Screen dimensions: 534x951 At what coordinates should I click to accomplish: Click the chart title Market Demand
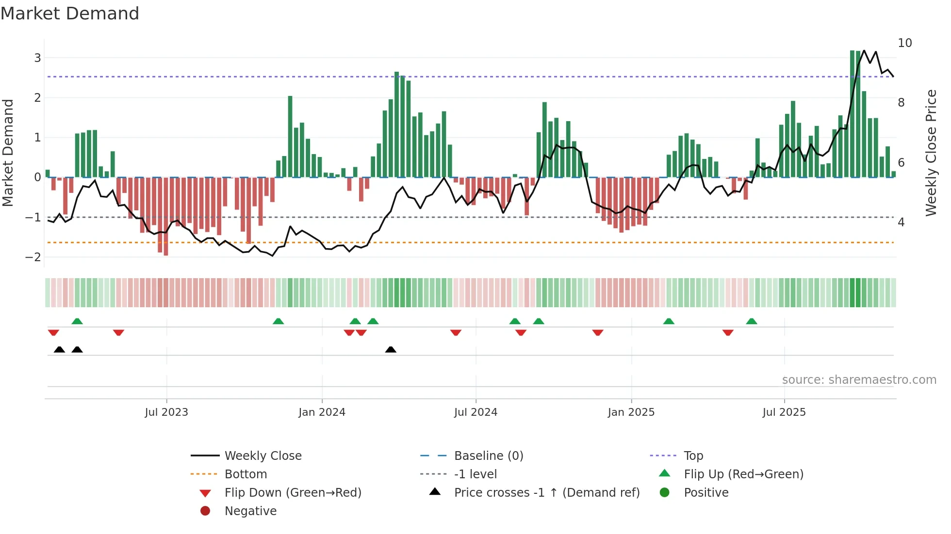coord(70,14)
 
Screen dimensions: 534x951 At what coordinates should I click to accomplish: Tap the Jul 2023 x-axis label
coord(166,412)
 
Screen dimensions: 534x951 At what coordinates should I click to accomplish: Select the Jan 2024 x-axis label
coord(322,412)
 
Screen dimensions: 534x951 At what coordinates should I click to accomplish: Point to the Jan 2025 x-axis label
coord(631,412)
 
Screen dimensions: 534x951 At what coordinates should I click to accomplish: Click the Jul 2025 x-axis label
coord(784,412)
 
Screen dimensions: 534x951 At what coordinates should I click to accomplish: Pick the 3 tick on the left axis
coord(37,58)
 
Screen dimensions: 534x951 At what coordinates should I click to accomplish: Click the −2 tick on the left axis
coord(33,257)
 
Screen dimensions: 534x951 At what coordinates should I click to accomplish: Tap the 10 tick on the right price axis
coord(904,43)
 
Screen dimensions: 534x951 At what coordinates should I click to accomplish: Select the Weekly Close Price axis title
coord(931,153)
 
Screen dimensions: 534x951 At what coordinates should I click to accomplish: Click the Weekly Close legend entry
coord(262,456)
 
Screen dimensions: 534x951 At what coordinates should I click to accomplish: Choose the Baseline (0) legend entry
coord(488,456)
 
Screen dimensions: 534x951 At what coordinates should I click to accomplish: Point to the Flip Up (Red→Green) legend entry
coord(743,474)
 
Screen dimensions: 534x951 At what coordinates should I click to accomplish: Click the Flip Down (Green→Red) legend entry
coord(293,493)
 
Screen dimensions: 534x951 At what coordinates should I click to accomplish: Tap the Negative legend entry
coord(250,511)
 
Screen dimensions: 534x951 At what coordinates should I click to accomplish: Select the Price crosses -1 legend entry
coord(546,493)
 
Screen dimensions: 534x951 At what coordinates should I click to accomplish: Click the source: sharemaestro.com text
coord(859,380)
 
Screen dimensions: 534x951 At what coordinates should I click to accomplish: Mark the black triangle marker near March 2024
coord(391,349)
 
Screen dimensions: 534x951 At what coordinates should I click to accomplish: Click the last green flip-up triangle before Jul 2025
coord(752,321)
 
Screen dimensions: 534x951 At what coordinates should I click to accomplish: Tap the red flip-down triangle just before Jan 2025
coord(598,332)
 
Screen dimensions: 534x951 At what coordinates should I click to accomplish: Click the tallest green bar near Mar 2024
coord(397,125)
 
